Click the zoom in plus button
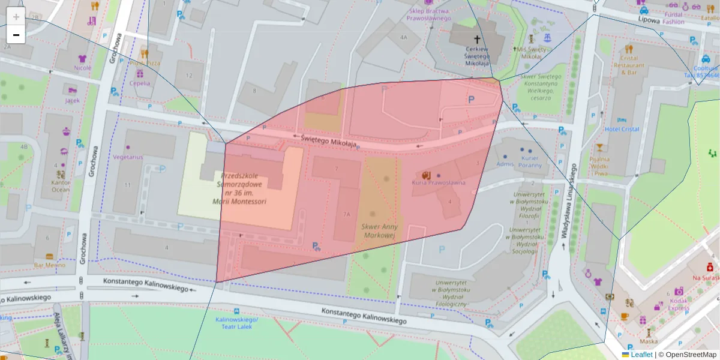pos(16,17)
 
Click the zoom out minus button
pos(16,35)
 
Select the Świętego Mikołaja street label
pos(329,141)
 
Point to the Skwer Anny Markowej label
pos(379,231)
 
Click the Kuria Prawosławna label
pos(439,182)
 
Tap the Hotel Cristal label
pos(622,129)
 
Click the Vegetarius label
pos(128,157)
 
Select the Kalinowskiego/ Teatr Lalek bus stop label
pos(236,323)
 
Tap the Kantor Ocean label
pos(60,186)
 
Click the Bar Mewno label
pos(49,265)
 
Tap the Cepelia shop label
pos(139,83)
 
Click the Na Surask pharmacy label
pos(706,278)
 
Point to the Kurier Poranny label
pos(530,161)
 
